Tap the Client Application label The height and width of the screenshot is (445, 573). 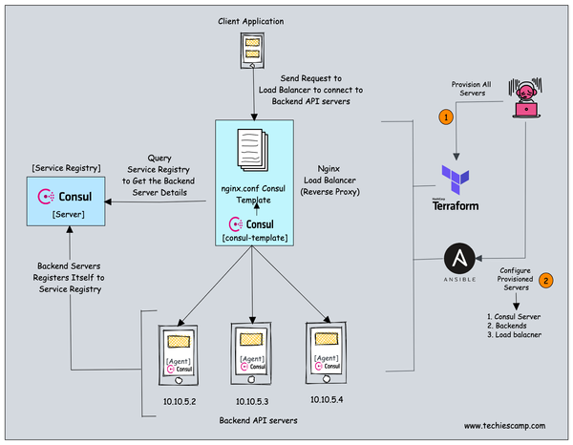[x=251, y=19]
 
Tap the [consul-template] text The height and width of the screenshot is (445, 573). [x=251, y=236]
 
